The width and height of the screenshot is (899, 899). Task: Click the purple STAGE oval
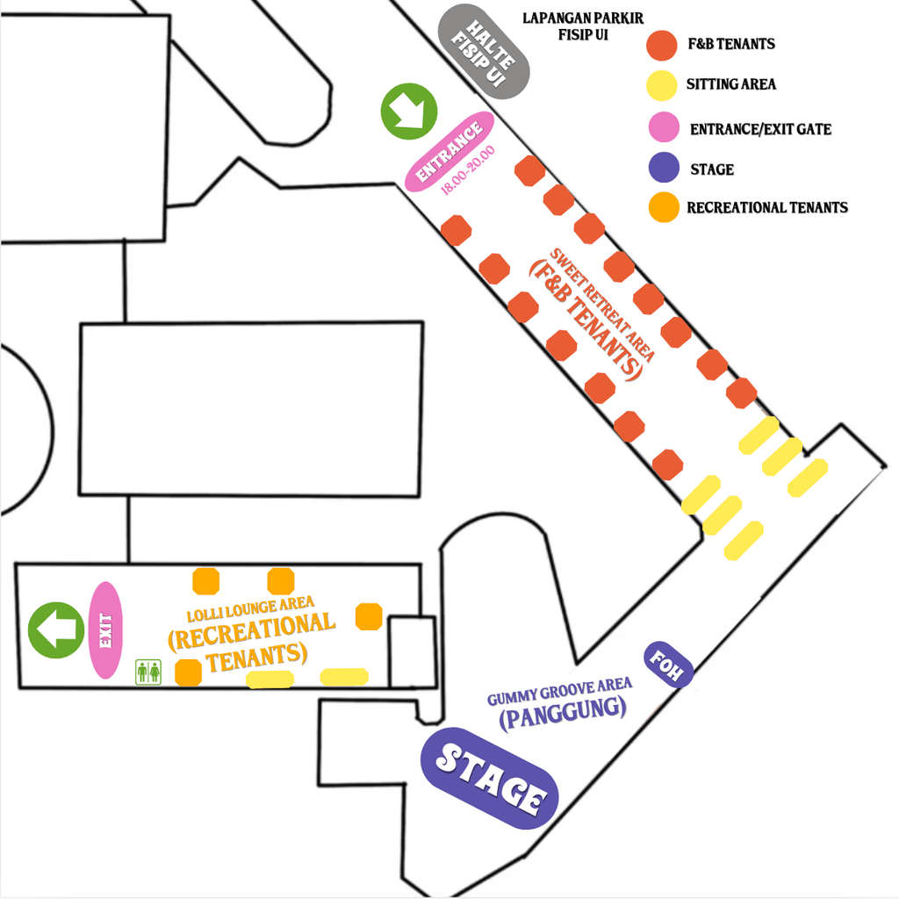[489, 778]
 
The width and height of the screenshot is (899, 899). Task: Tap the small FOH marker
[668, 665]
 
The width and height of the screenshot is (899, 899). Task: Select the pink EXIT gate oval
[104, 629]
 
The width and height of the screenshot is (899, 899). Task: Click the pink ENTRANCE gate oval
[449, 151]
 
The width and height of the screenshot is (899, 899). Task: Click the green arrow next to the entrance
[408, 111]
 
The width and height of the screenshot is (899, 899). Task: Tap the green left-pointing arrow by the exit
[55, 629]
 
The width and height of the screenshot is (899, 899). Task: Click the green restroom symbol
[147, 672]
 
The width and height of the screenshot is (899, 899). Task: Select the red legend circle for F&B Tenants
[661, 43]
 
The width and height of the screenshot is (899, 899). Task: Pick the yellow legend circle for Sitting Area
[661, 84]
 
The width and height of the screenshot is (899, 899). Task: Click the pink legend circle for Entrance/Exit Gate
[661, 128]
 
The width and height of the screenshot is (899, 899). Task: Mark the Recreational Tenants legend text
[767, 208]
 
